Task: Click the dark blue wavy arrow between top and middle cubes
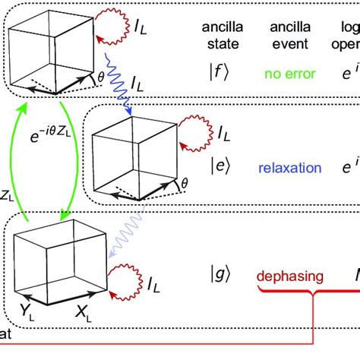click(122, 90)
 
